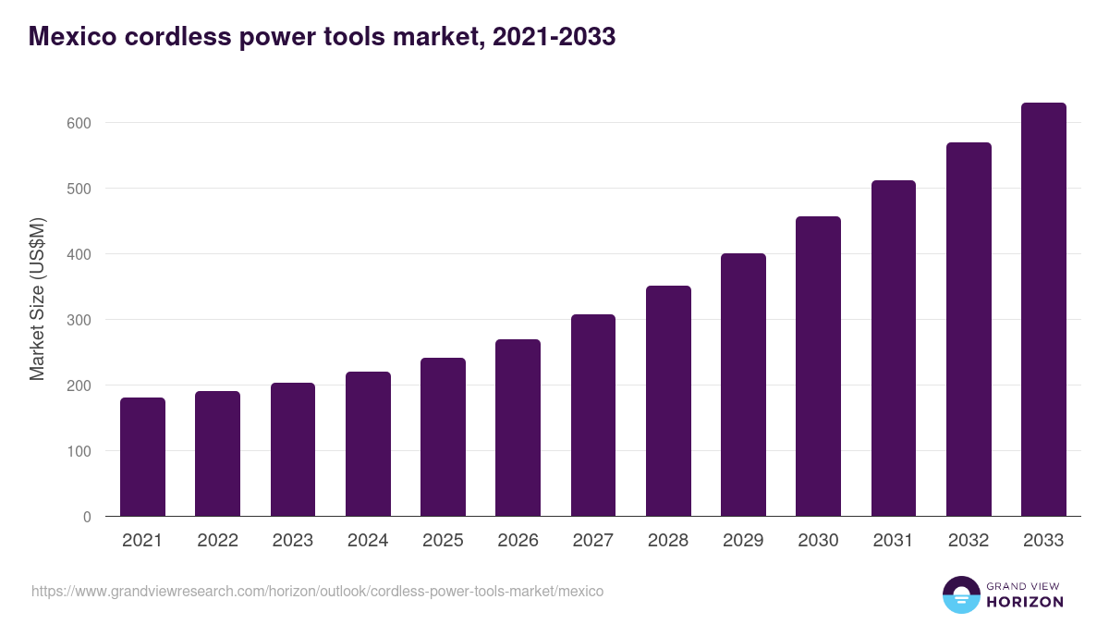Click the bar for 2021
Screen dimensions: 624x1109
click(143, 457)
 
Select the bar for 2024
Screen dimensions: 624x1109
click(368, 444)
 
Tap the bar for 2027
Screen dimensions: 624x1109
click(593, 415)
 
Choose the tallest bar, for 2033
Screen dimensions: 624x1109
click(1043, 310)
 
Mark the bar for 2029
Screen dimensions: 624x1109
click(743, 385)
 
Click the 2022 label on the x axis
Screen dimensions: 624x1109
click(218, 541)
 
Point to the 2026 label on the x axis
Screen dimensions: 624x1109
click(518, 541)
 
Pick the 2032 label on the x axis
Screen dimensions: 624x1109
click(969, 541)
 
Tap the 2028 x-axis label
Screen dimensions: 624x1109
click(668, 541)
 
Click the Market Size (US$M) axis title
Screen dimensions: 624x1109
click(37, 299)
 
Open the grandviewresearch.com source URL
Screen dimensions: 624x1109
click(317, 591)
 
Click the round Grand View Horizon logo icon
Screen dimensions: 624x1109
click(960, 594)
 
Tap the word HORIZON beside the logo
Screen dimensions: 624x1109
click(1024, 602)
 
